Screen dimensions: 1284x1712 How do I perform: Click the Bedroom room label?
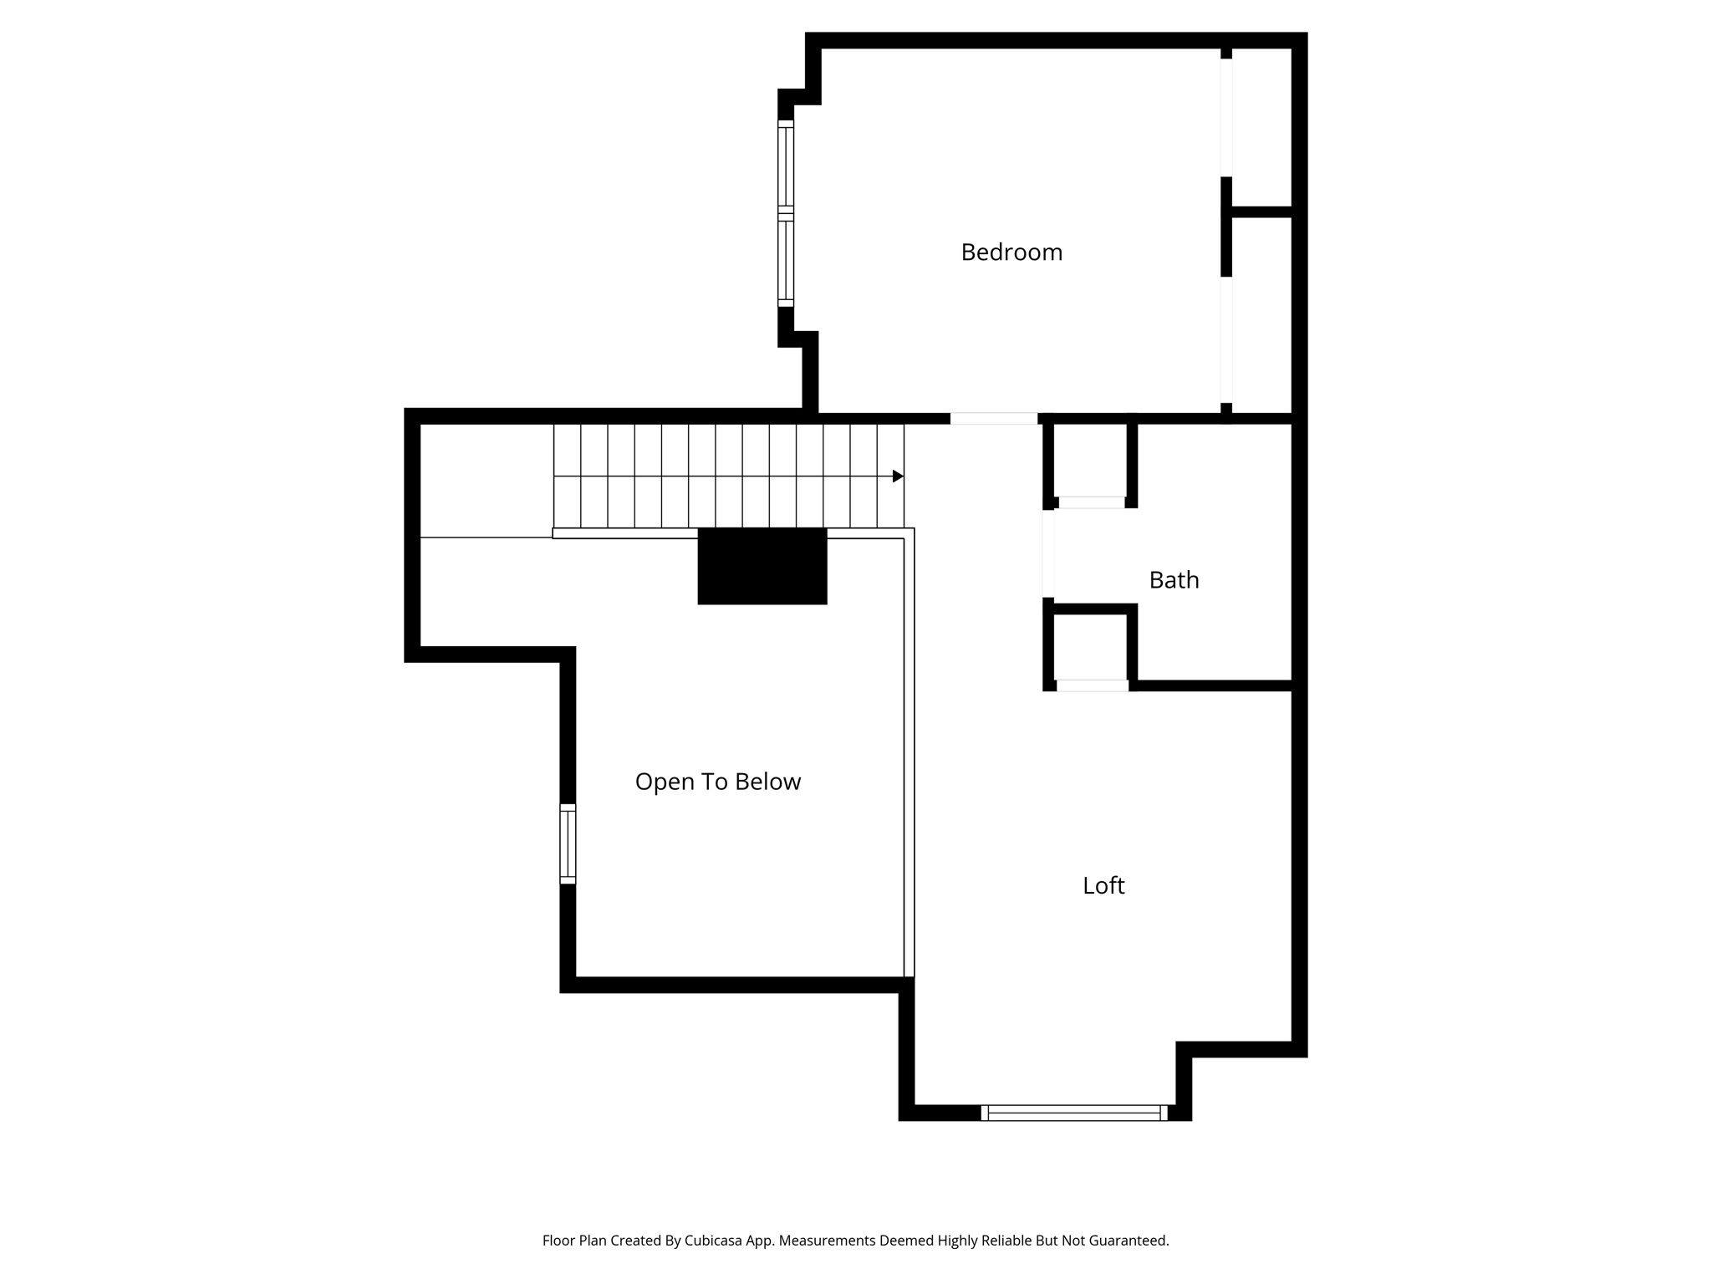1011,252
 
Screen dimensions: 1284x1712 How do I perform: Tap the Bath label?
1174,579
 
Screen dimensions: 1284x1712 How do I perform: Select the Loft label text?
1103,885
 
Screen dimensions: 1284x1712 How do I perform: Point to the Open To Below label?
718,782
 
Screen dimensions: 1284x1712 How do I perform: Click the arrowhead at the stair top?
898,476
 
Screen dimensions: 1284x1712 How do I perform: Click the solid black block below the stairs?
762,566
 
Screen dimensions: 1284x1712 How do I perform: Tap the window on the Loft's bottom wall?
1074,1113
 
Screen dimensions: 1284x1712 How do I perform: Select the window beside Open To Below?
568,843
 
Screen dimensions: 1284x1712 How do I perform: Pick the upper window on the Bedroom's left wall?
786,166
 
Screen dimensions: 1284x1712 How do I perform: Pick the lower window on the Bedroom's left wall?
786,260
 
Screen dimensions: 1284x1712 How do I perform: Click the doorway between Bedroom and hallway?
994,419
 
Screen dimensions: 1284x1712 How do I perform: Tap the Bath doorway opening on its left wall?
1048,553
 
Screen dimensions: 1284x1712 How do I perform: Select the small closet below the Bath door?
1091,647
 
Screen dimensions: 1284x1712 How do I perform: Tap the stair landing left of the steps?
486,480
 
